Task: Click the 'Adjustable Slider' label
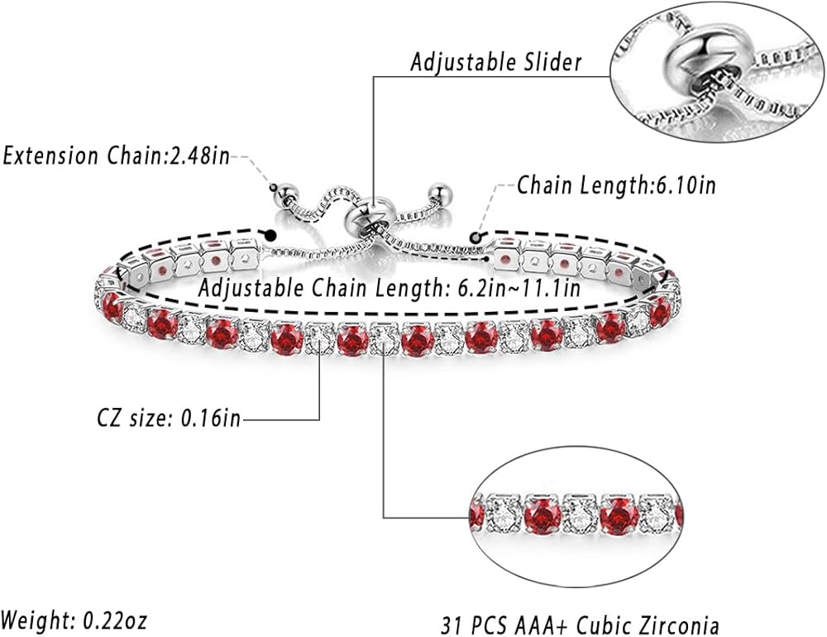495,62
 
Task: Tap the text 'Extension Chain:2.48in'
117,155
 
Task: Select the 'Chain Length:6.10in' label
616,184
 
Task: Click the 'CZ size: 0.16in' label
169,419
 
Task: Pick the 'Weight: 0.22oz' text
74,618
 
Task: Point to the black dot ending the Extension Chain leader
273,236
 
